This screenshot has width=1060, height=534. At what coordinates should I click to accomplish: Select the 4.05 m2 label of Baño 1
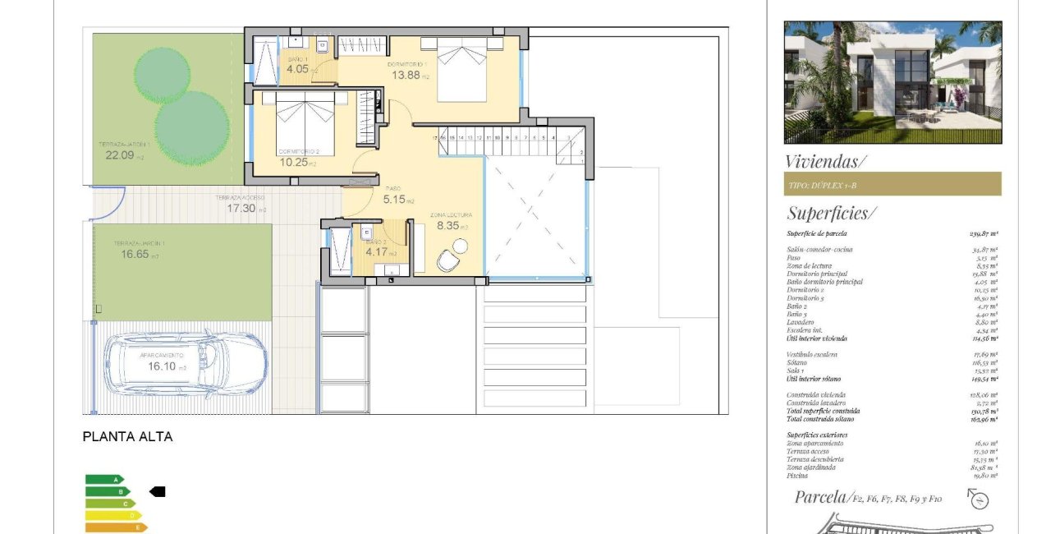point(296,70)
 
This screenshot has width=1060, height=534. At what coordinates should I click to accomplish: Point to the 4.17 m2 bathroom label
point(377,252)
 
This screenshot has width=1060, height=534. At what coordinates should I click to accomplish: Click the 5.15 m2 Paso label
point(399,199)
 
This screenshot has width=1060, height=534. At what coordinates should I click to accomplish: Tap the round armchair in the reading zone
point(450,260)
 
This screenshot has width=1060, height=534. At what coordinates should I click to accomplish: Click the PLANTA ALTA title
point(127,437)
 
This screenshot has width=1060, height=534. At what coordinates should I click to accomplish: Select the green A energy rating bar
point(105,479)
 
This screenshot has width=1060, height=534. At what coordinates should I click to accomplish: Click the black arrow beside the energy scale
point(157,491)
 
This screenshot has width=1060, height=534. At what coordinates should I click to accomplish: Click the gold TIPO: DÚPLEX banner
point(893,184)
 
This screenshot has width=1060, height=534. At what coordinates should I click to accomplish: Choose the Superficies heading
point(831,214)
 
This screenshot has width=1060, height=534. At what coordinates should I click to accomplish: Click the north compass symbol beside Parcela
point(978,499)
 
